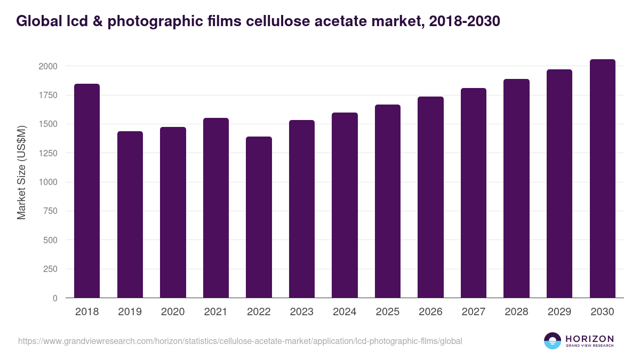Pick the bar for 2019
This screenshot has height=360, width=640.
point(130,214)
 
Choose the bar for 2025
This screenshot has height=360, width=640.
point(388,201)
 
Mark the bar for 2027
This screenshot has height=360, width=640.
point(474,193)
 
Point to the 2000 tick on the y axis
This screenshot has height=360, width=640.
point(47,66)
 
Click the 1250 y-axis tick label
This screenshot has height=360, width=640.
point(47,153)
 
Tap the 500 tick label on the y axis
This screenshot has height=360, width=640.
point(51,240)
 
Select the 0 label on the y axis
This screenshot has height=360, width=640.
point(55,298)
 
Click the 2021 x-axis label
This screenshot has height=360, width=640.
point(215,312)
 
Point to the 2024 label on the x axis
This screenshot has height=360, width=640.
point(345,312)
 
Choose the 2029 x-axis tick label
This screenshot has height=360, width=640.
point(559,312)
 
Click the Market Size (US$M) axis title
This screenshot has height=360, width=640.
point(22,172)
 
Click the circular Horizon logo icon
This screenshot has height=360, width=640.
point(552,341)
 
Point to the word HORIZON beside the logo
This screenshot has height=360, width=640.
point(589,338)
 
